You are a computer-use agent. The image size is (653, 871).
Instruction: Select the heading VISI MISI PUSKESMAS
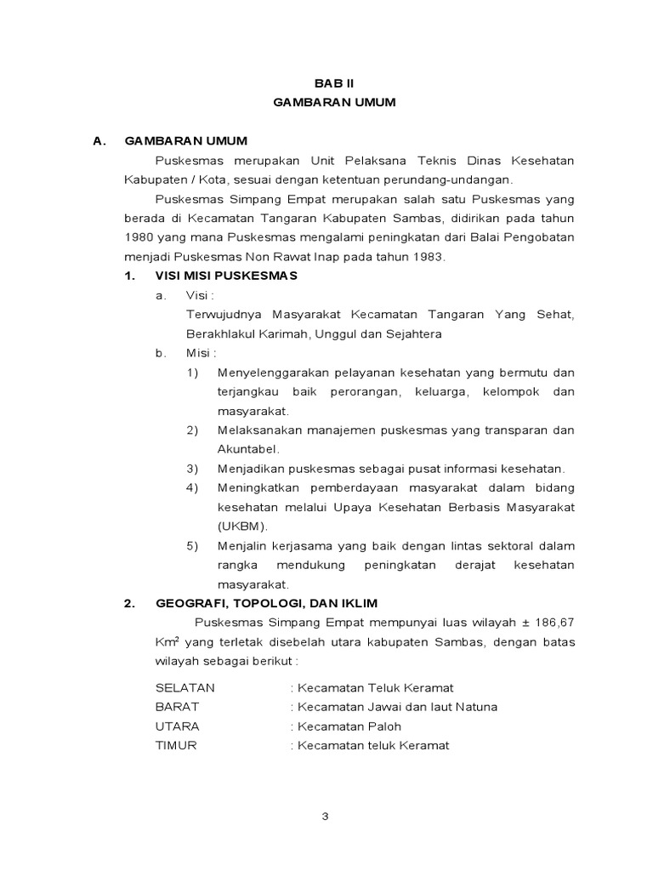(x=225, y=276)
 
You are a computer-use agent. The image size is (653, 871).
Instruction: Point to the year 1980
(x=139, y=237)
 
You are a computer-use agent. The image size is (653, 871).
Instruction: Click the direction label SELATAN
(x=185, y=687)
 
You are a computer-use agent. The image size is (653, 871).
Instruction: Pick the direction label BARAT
(x=177, y=707)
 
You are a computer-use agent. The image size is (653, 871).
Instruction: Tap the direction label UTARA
(x=178, y=726)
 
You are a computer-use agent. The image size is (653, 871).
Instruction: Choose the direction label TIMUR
(x=176, y=746)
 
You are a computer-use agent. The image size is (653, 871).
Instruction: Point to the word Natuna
(x=477, y=707)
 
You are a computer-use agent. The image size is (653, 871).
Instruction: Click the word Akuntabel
(x=248, y=449)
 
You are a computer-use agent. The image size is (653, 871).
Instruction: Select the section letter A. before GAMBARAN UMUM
(x=99, y=141)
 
